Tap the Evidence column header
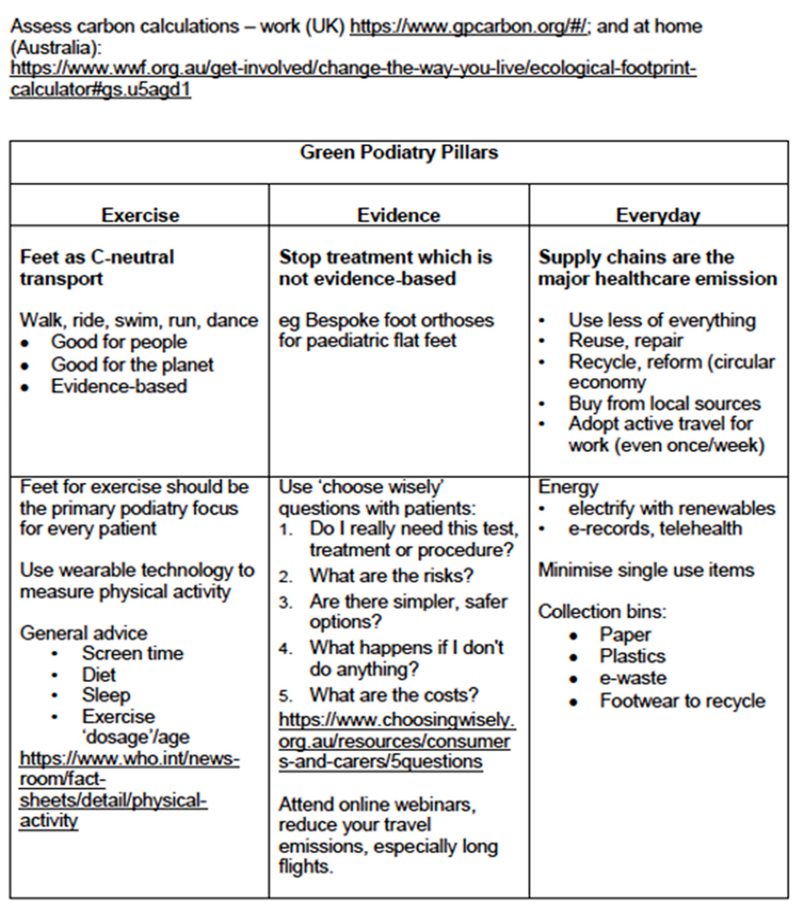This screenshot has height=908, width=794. click(x=399, y=216)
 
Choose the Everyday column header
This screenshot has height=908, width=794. click(x=658, y=216)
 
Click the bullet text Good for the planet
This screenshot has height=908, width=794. click(x=132, y=365)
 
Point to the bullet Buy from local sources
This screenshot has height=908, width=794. click(x=664, y=404)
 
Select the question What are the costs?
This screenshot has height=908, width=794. click(x=394, y=695)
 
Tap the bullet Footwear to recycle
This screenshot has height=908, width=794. click(x=682, y=701)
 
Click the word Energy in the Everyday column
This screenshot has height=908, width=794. click(x=568, y=487)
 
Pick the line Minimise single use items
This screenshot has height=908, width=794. click(x=646, y=570)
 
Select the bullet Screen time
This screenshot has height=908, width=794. click(x=132, y=653)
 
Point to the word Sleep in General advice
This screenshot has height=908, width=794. click(x=106, y=695)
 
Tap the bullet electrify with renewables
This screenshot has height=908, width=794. click(x=671, y=508)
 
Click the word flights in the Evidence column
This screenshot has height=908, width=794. click(x=305, y=866)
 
